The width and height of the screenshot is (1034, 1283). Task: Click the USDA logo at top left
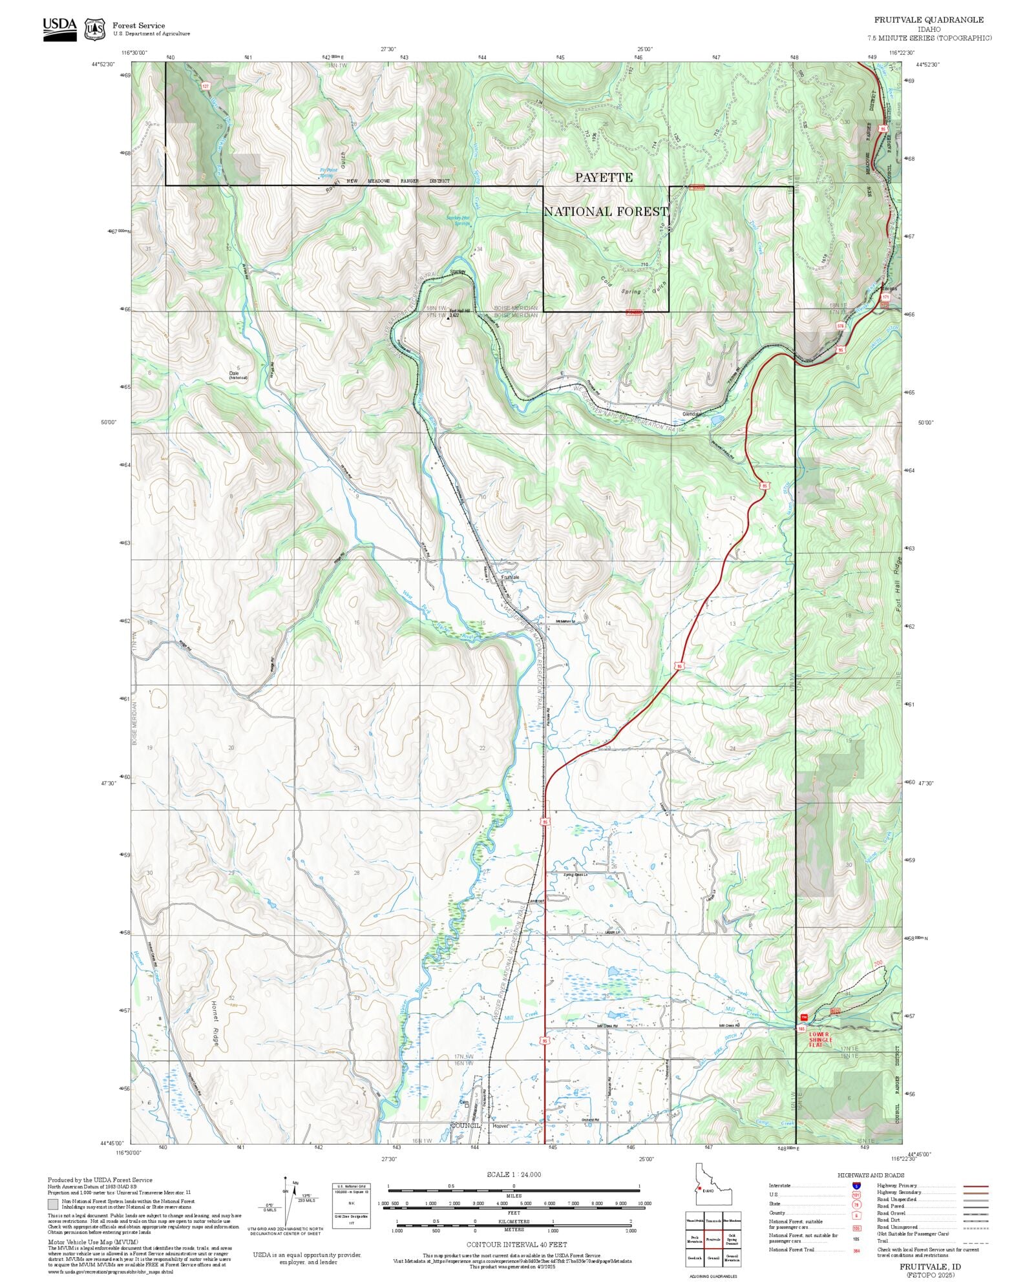[x=59, y=29]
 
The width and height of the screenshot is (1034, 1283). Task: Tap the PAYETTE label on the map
[x=604, y=178]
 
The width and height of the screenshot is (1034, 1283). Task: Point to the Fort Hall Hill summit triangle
[x=448, y=318]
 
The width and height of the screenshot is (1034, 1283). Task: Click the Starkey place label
[x=458, y=272]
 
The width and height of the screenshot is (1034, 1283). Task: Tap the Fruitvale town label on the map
[x=510, y=577]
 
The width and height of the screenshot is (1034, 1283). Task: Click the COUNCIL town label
[x=465, y=1125]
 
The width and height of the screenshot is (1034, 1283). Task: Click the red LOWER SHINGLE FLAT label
[x=819, y=1039]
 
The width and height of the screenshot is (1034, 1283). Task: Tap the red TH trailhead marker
[x=804, y=1017]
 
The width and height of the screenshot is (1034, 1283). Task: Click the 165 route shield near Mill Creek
[x=801, y=1028]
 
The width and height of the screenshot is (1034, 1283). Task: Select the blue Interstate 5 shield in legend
[x=856, y=1186]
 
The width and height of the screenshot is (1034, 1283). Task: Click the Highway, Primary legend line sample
[x=975, y=1186]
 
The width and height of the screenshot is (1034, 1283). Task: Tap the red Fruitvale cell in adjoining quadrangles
[x=713, y=1240]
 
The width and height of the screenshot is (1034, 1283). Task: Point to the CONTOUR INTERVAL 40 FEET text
[x=516, y=1244]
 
